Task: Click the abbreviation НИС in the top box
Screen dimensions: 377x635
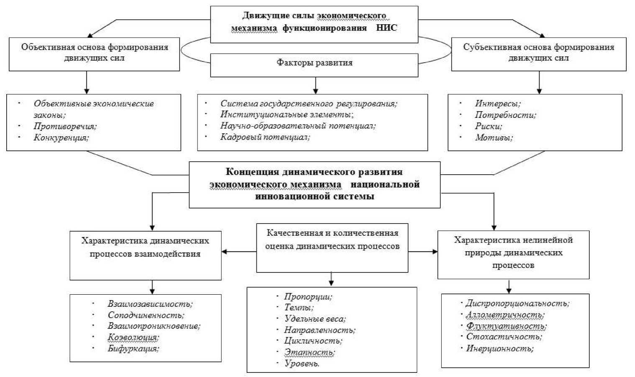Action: click(x=386, y=28)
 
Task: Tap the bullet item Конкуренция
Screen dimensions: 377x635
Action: click(x=61, y=137)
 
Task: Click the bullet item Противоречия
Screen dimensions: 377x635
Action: click(x=65, y=126)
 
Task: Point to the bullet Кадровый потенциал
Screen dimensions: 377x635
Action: click(x=265, y=137)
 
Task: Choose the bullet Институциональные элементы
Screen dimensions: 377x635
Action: click(x=287, y=114)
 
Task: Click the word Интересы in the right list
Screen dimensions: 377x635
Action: click(x=497, y=104)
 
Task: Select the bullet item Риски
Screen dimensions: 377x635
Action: click(x=488, y=126)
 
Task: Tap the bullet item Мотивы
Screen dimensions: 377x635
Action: click(x=494, y=137)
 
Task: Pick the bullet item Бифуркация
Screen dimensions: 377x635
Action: click(x=133, y=348)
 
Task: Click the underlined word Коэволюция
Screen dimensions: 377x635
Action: click(x=133, y=337)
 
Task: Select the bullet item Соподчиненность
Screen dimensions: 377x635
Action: click(x=146, y=315)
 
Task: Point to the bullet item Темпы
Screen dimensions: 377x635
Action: click(x=299, y=308)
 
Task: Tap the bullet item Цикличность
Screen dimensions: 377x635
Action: click(x=313, y=341)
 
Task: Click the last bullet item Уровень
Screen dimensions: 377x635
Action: click(x=302, y=363)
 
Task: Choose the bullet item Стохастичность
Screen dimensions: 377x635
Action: click(x=504, y=336)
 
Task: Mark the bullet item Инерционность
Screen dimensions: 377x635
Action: click(x=499, y=348)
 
